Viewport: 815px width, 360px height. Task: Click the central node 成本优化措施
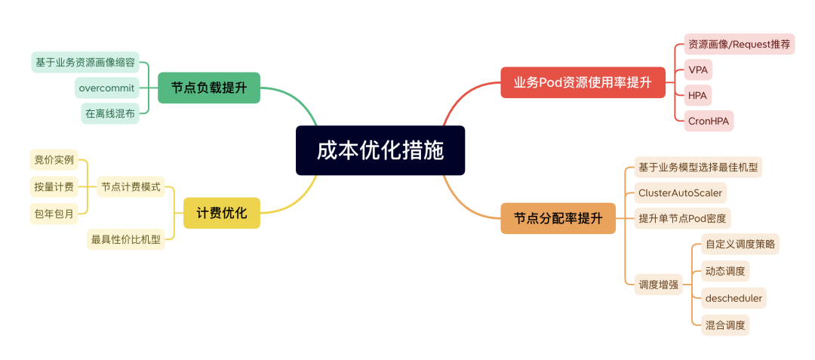[x=380, y=150]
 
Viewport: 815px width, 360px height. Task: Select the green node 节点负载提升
[x=209, y=88]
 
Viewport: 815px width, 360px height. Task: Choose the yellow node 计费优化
[x=222, y=213]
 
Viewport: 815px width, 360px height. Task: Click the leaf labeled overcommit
[x=106, y=88]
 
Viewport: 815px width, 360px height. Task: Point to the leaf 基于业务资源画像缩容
[x=85, y=62]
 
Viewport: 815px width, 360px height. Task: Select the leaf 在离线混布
[x=110, y=113]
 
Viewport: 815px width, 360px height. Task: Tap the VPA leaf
[x=698, y=70]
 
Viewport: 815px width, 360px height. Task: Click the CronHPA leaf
[x=709, y=121]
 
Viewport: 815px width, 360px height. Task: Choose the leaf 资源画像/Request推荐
[x=739, y=45]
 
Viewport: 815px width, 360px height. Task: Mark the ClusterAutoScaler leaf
[x=680, y=192]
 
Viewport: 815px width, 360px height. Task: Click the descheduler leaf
[x=733, y=298]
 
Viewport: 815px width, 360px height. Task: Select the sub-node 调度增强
[x=658, y=285]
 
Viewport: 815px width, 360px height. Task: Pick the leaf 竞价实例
[x=54, y=159]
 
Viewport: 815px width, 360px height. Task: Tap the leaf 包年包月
[x=54, y=214]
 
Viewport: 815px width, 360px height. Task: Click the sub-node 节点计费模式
[x=131, y=186]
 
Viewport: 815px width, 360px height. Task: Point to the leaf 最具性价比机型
[x=126, y=239]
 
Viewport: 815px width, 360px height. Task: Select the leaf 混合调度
[x=724, y=325]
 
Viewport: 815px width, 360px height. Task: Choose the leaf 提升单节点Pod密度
[x=682, y=219]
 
